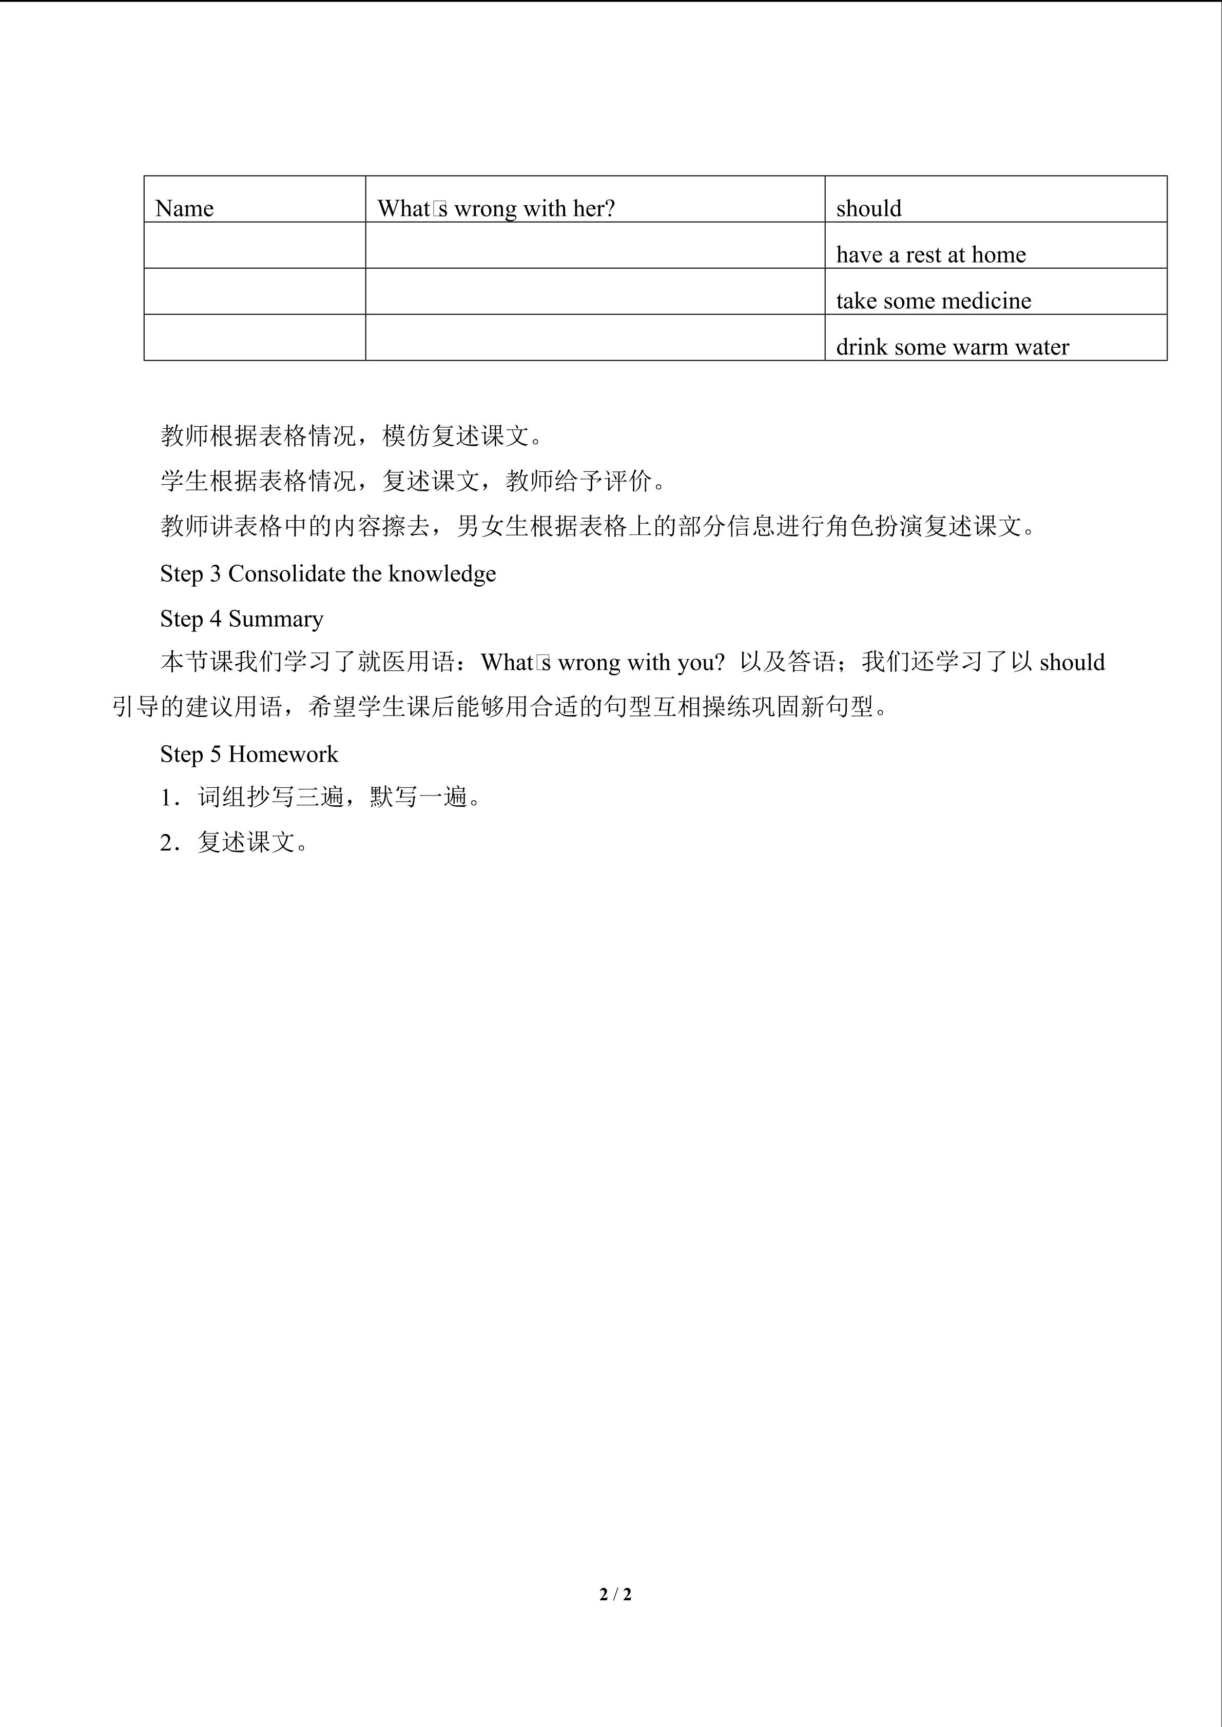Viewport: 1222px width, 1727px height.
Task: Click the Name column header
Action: tap(184, 208)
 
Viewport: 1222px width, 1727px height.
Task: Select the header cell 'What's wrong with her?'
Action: tap(496, 208)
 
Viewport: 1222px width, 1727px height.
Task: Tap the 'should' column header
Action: tap(868, 208)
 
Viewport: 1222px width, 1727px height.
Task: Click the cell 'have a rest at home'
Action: tap(931, 255)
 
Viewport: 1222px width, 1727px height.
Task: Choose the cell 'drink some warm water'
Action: tap(952, 347)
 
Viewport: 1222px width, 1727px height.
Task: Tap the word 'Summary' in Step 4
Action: tap(276, 619)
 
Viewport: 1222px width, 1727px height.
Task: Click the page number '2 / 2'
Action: tap(615, 1594)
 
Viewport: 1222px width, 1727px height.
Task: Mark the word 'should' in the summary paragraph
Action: tap(1072, 663)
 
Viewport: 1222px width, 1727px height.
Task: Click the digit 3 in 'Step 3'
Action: tap(215, 574)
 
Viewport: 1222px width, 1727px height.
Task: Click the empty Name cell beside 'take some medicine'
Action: tap(255, 291)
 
